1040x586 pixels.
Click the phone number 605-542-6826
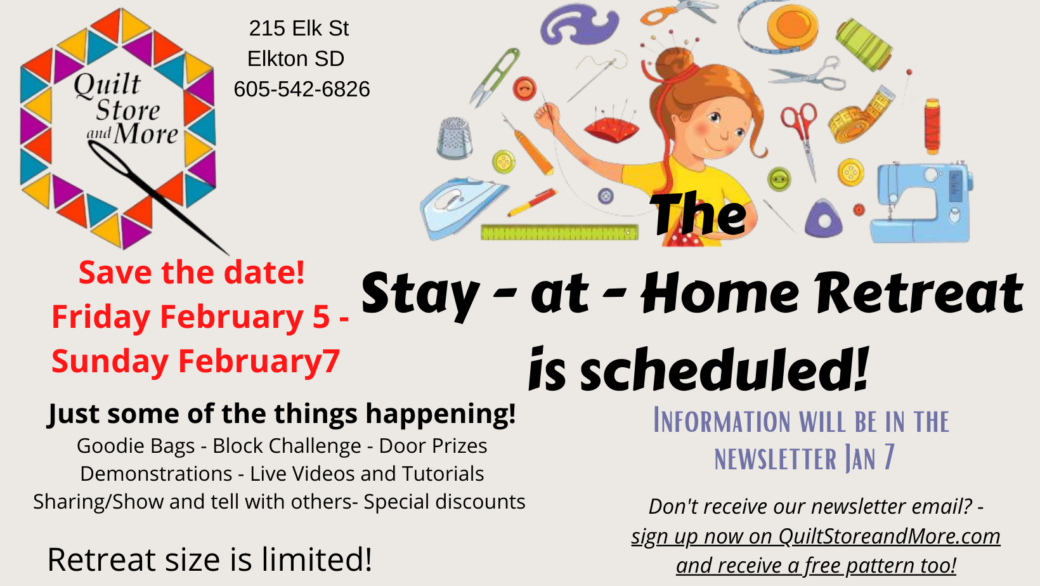point(302,89)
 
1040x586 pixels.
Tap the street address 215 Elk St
point(299,29)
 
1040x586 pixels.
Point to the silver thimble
point(455,138)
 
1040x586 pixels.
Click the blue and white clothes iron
point(462,207)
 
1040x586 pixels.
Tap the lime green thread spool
point(864,44)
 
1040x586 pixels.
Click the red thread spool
point(932,126)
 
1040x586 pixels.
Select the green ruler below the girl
point(559,232)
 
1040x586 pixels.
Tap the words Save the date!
point(192,272)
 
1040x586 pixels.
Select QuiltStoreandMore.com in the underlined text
point(889,537)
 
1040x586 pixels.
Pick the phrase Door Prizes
point(433,446)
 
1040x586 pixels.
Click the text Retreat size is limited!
point(210,559)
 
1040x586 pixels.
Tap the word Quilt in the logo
point(107,85)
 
